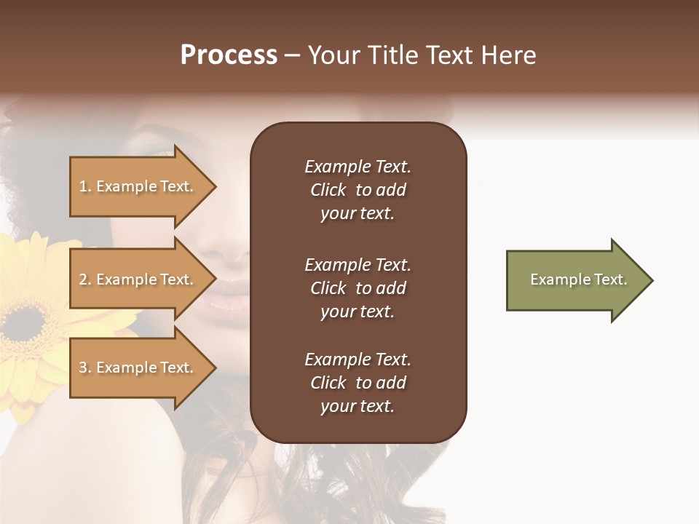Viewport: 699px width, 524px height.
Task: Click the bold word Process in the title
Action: tap(229, 55)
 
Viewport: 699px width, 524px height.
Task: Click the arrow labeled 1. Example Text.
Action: tap(138, 186)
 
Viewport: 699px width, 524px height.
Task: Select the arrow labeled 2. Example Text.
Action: tap(138, 279)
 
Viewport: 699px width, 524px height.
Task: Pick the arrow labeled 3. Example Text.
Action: tap(138, 368)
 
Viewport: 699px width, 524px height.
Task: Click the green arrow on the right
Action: tap(575, 280)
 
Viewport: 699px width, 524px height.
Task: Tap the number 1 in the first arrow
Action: tap(82, 186)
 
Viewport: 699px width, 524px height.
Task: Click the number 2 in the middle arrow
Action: tap(83, 279)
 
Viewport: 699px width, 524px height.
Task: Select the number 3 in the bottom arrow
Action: tap(83, 368)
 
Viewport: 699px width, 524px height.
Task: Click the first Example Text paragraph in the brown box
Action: tap(358, 190)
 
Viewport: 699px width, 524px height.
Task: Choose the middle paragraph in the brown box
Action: tap(358, 288)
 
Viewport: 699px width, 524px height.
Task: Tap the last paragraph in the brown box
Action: tap(358, 383)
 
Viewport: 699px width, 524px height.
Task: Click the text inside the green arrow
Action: tap(578, 279)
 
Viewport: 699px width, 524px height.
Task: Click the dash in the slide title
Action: tap(292, 55)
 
